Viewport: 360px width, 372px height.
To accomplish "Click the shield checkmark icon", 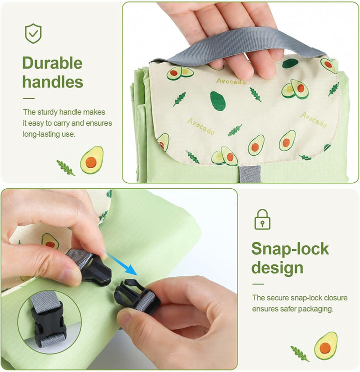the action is [33, 34].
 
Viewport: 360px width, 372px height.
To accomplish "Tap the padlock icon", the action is [262, 219].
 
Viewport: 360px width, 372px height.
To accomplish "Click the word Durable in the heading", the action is [52, 63].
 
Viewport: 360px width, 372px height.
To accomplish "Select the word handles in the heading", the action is [52, 82].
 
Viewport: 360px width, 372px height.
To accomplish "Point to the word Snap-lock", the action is [290, 249].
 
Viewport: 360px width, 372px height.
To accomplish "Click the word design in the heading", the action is [277, 268].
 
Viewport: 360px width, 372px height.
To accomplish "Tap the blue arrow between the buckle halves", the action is [121, 263].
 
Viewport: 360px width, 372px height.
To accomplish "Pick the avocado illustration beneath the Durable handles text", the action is [91, 160].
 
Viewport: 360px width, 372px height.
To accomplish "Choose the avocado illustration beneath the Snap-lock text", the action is [325, 345].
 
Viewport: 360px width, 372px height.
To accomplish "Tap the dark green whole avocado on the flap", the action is [217, 101].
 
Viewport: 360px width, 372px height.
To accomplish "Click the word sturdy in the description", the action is [47, 112].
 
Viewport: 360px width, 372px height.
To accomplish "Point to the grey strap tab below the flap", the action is [250, 174].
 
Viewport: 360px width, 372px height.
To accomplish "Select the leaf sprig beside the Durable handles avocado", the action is [65, 168].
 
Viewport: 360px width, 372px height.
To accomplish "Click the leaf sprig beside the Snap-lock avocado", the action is [300, 353].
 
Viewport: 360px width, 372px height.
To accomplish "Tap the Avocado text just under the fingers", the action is [231, 82].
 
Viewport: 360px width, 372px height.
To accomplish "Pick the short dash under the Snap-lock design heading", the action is [258, 284].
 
